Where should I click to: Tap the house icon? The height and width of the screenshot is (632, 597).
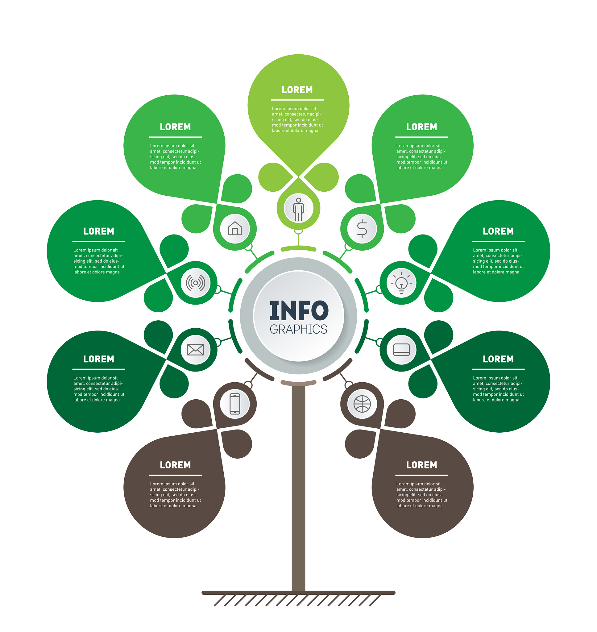(x=235, y=228)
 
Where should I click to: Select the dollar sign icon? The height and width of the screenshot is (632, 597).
(x=362, y=228)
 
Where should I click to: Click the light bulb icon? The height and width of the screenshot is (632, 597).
(x=401, y=283)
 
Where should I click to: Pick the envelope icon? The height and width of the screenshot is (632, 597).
(x=195, y=350)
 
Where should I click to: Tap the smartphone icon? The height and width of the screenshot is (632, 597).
(x=235, y=404)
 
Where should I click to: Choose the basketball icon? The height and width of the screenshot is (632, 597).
(x=362, y=404)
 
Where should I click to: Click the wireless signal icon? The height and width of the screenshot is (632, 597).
(x=195, y=283)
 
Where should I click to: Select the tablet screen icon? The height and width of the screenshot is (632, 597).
(x=401, y=350)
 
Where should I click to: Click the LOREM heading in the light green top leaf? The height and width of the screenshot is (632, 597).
(x=297, y=90)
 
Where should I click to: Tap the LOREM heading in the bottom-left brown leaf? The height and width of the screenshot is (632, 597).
(x=175, y=465)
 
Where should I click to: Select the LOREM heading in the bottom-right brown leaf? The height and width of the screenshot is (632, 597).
(x=421, y=465)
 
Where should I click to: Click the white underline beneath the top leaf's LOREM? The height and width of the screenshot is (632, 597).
(x=297, y=100)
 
